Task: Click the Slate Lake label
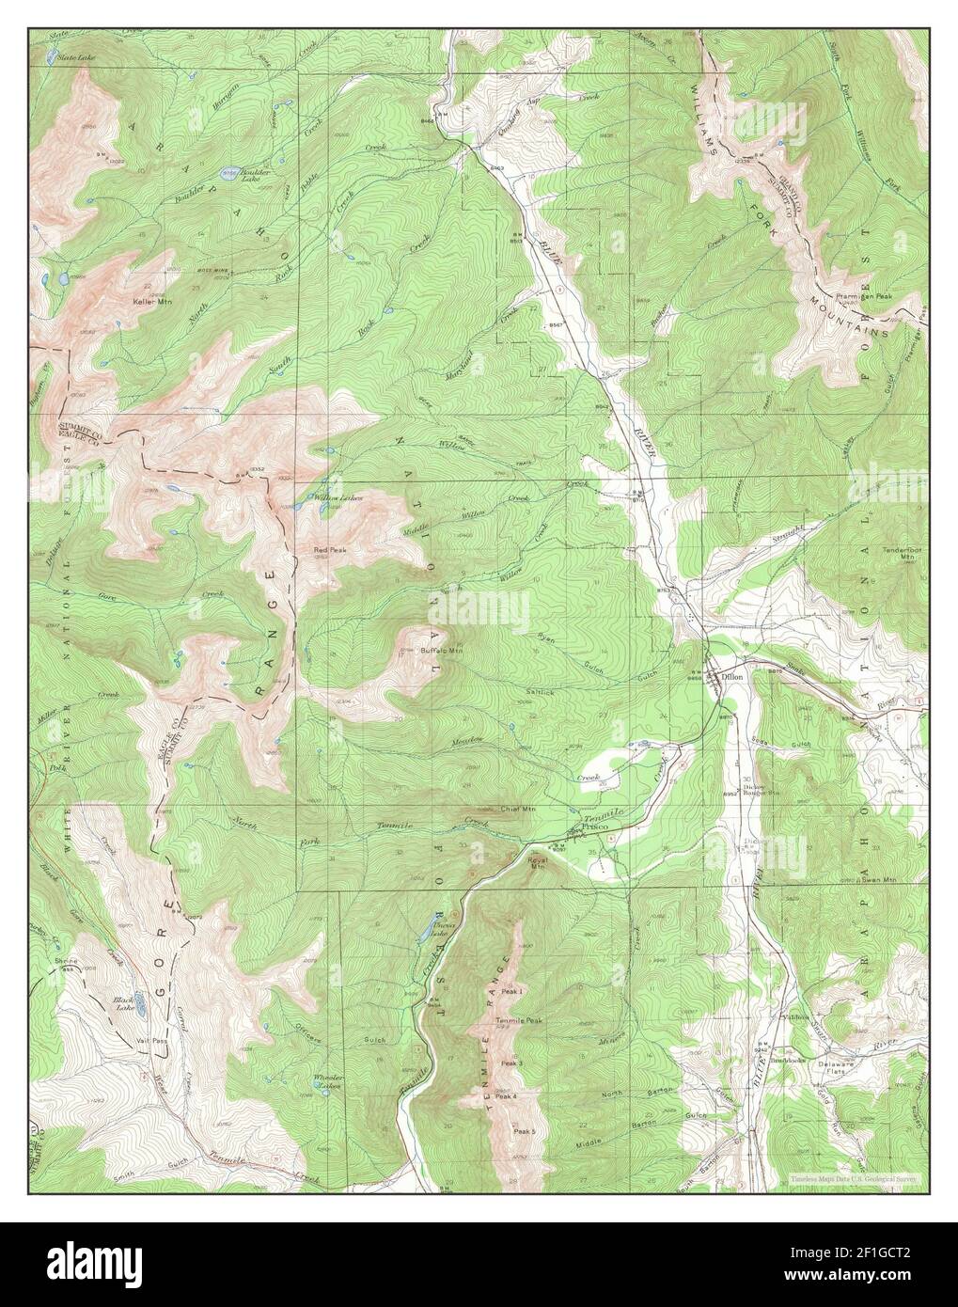click(x=71, y=58)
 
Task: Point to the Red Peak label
click(x=314, y=549)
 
